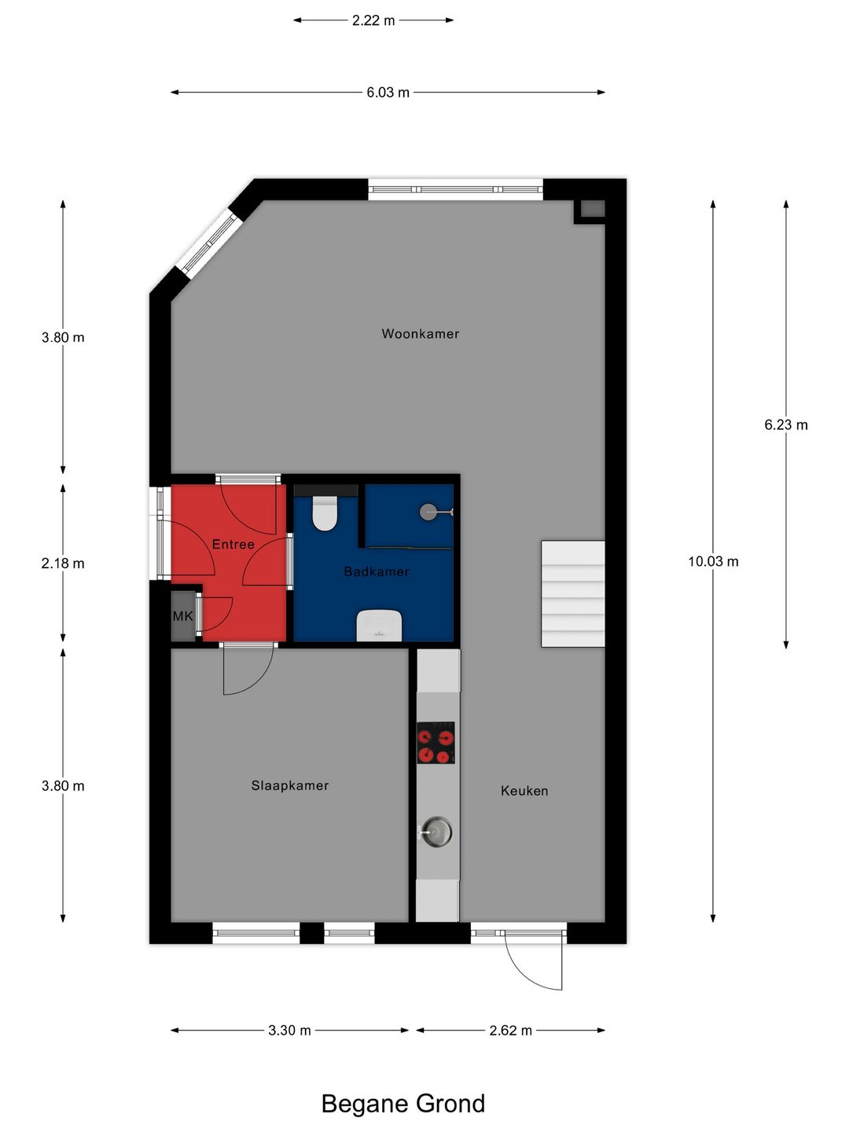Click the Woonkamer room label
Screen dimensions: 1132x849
pyautogui.click(x=420, y=334)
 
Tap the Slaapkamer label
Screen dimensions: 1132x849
pyautogui.click(x=289, y=785)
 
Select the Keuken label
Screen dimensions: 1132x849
pyautogui.click(x=524, y=791)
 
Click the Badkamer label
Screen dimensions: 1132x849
pyautogui.click(x=377, y=572)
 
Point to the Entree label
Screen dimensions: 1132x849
pyautogui.click(x=233, y=544)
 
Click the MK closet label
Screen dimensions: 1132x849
pyautogui.click(x=182, y=616)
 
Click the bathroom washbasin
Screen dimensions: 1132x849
pyautogui.click(x=379, y=626)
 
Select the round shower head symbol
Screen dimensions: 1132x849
pyautogui.click(x=428, y=512)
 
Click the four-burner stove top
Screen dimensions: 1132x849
pyautogui.click(x=436, y=743)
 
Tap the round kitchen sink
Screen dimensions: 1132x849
pyautogui.click(x=436, y=831)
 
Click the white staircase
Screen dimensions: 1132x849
pyautogui.click(x=572, y=594)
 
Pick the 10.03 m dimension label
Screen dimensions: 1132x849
pyautogui.click(x=713, y=561)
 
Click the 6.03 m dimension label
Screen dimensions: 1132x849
pyautogui.click(x=388, y=93)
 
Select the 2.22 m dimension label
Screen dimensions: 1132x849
pyautogui.click(x=373, y=20)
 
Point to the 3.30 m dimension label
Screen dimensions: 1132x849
pyautogui.click(x=289, y=1031)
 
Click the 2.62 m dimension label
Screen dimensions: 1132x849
pyautogui.click(x=510, y=1031)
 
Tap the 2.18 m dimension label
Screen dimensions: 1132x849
pyautogui.click(x=63, y=564)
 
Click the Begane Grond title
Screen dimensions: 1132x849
pyautogui.click(x=402, y=1104)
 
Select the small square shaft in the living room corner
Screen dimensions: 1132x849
pyautogui.click(x=592, y=209)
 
